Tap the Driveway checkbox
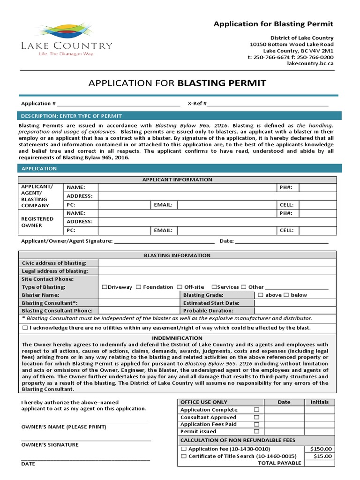pos(105,287)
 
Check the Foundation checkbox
pos(138,287)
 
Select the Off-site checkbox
pos(180,287)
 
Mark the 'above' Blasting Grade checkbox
pos(261,295)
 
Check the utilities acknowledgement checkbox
pos(25,328)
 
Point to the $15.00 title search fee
pos(322,456)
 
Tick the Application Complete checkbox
pos(256,410)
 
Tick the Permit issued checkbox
pos(256,431)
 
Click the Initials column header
pos(320,402)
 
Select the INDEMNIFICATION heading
pos(177,338)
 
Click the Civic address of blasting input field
pos(217,263)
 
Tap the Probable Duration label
pos(208,310)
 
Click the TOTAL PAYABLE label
pos(279,463)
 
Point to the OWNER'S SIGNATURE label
pos(50,444)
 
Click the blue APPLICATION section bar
pos(180,168)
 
